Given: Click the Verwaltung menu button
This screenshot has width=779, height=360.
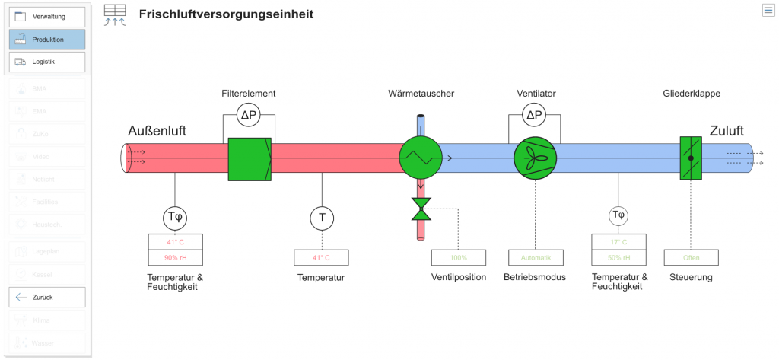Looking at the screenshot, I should pyautogui.click(x=47, y=16).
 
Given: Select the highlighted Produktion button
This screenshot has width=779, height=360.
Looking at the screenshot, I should pyautogui.click(x=47, y=39).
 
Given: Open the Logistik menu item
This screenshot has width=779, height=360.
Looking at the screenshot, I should pyautogui.click(x=47, y=62).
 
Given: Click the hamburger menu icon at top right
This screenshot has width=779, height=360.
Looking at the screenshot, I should pyautogui.click(x=768, y=10).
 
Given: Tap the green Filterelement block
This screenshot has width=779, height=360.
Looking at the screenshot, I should pyautogui.click(x=250, y=158).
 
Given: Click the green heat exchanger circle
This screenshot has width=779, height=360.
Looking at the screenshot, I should pyautogui.click(x=420, y=158).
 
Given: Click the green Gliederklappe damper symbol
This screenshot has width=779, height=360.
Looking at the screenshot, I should pyautogui.click(x=691, y=158).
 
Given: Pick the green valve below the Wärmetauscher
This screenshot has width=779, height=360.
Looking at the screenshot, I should pyautogui.click(x=421, y=209).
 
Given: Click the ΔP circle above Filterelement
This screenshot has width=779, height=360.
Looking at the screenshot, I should pyautogui.click(x=249, y=116).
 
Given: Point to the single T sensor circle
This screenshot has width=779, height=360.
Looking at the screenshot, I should pyautogui.click(x=322, y=218).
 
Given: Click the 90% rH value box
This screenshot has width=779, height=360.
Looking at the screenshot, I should pyautogui.click(x=176, y=257).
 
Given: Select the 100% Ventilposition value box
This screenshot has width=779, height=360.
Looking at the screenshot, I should pyautogui.click(x=459, y=257).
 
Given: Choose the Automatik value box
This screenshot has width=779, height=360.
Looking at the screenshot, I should pyautogui.click(x=536, y=257).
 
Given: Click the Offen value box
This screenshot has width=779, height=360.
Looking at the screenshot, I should pyautogui.click(x=691, y=257).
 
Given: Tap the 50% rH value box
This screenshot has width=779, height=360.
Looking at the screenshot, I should pyautogui.click(x=618, y=257).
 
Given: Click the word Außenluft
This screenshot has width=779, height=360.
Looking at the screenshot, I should pyautogui.click(x=157, y=131).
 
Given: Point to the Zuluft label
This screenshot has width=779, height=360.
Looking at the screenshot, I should pyautogui.click(x=727, y=131).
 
